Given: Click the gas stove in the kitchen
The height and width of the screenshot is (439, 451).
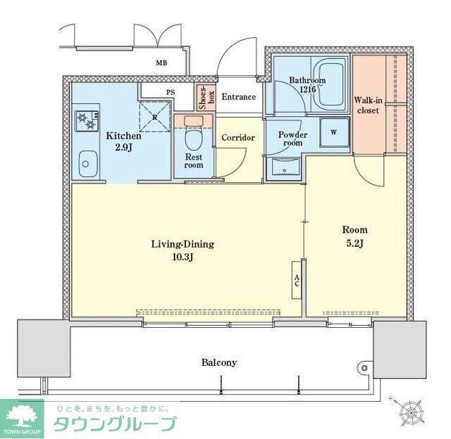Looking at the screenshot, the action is coord(87,121).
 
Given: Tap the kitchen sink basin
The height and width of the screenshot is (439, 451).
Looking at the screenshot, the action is coord(87,164).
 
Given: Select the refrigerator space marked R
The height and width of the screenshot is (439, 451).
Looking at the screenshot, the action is coord(155,117).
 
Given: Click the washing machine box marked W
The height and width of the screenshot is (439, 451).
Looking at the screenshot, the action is coord(334,132).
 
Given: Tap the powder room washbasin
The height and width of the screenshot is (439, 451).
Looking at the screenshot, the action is coord(284,167).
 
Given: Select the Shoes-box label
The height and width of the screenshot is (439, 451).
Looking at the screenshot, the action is coord(206,97).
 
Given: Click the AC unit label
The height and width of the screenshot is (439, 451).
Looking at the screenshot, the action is coord(297,280).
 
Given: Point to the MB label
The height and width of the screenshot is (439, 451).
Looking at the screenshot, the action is coord(161,63).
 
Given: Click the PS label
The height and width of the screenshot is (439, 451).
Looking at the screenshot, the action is coord(171,92).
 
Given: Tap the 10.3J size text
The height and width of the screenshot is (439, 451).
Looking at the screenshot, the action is coord(183,257).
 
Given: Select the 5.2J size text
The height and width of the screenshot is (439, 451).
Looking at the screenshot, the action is coord(354,243).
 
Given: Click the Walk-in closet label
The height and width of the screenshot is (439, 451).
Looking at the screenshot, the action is coord(368,105).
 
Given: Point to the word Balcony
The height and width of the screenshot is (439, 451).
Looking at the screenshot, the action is coord(219,362).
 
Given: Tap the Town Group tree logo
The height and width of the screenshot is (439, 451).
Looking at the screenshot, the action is coord(22,416).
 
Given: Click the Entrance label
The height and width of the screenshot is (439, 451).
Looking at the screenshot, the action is coord(238,97).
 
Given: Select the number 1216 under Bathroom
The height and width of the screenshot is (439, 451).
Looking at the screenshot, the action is coord(307,89).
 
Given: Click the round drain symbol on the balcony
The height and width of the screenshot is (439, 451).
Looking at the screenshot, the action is coord(364,368).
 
